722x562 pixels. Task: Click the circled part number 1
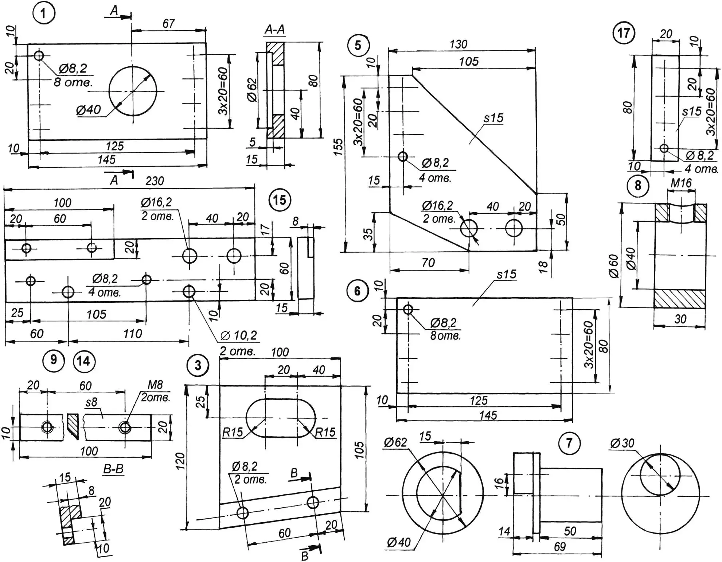coord(44,13)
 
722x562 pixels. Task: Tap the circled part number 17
coord(624,33)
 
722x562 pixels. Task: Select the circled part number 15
coord(280,200)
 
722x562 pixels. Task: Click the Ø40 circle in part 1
coord(133,91)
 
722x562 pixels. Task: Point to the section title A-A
coord(274,30)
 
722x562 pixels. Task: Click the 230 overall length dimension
coord(155,181)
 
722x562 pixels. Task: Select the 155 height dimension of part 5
coord(338,147)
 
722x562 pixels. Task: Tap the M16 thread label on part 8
coord(681,183)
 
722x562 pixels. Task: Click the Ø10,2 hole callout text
coord(239,336)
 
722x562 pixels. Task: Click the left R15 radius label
coord(233,433)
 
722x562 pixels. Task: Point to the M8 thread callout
coord(155,385)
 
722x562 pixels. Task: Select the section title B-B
coord(113,469)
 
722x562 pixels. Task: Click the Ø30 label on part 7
coord(622,443)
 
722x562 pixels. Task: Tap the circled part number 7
coord(569,443)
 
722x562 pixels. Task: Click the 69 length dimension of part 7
coord(560,546)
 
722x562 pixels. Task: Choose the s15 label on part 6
coord(506,274)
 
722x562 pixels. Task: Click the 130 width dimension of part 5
coord(458,44)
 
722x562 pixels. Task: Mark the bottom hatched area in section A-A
coord(276,126)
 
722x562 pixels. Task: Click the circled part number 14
coord(84,361)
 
